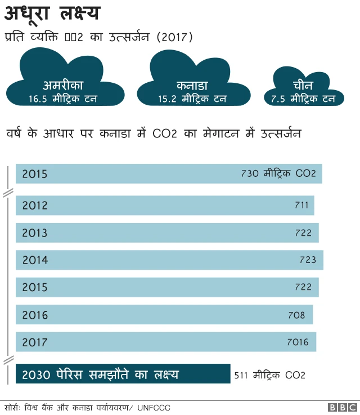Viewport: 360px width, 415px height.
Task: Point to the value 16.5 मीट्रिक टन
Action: [63, 99]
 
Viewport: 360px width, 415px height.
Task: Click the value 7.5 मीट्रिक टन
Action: [303, 99]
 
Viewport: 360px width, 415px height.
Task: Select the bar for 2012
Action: [164, 206]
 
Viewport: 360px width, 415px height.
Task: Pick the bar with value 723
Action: [169, 260]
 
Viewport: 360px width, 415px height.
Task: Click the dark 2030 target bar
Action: [123, 374]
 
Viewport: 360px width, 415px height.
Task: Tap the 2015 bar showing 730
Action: [169, 174]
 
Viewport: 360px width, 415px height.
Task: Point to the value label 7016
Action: [298, 342]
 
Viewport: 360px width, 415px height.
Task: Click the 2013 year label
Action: [35, 233]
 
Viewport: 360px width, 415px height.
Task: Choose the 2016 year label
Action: [35, 315]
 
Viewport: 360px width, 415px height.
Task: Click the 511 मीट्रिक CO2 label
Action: [269, 374]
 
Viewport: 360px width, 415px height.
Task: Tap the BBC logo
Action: [342, 407]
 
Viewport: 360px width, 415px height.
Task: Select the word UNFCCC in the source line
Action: [154, 407]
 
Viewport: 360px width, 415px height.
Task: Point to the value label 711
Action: [301, 206]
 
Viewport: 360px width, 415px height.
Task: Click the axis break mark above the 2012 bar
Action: [8, 193]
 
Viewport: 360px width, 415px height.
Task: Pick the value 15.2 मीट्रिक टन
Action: [192, 99]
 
